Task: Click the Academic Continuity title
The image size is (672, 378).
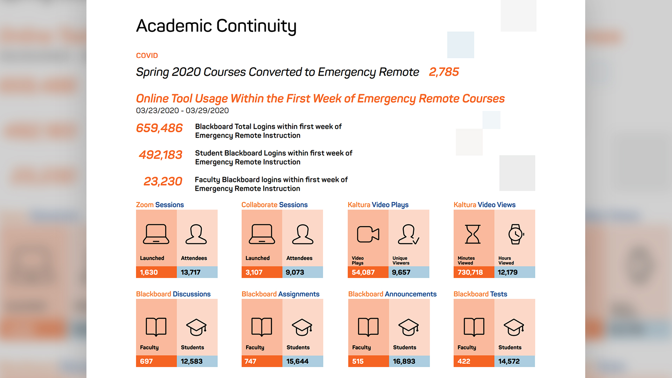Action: (216, 26)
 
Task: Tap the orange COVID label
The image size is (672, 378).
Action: (147, 56)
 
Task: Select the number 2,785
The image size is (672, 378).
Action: (443, 72)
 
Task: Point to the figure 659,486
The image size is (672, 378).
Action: (159, 128)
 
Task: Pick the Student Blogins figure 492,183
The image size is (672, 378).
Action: (160, 155)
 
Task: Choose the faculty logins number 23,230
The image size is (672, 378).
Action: (163, 181)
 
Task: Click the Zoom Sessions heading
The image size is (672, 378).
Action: (160, 205)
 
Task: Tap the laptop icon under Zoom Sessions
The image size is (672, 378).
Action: (156, 234)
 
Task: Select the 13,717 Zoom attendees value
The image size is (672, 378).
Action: (191, 272)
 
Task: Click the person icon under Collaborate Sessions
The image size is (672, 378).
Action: (302, 234)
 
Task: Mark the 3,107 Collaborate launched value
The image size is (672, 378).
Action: (254, 272)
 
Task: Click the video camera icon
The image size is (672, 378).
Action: (368, 234)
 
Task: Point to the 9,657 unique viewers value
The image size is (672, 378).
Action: (401, 272)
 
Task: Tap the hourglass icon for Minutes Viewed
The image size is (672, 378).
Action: (472, 234)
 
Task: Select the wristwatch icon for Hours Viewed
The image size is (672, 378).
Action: (516, 234)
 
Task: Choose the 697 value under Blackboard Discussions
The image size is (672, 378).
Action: (146, 361)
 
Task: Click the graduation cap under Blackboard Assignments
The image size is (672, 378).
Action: (302, 327)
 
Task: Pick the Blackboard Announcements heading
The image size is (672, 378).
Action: (392, 294)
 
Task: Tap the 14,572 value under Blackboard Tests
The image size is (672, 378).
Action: (509, 361)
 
